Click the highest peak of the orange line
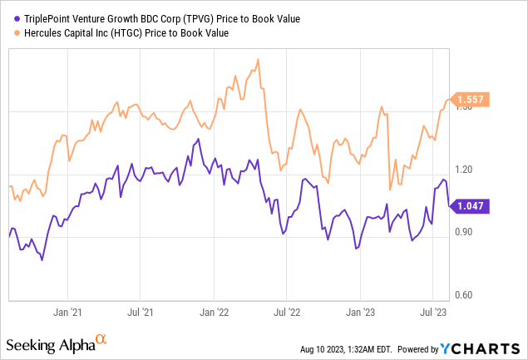259,59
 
